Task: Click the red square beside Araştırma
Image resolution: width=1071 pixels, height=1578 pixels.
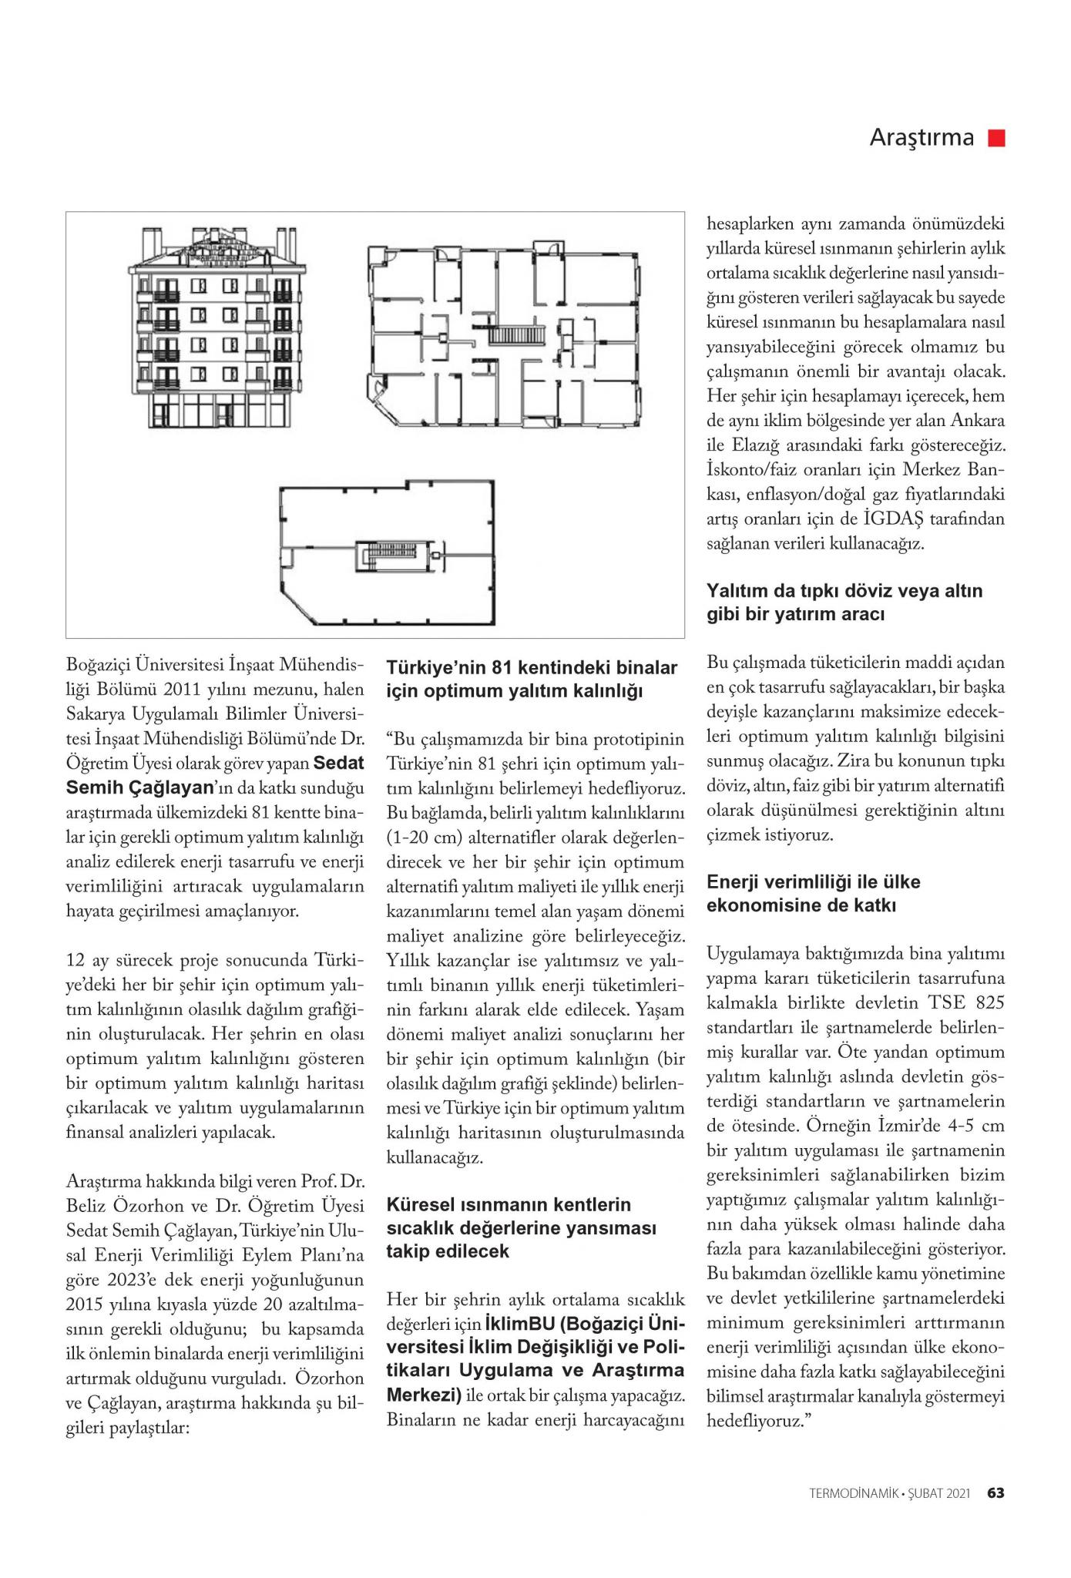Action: [x=998, y=138]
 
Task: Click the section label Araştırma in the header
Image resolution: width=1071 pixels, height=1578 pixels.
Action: [x=922, y=138]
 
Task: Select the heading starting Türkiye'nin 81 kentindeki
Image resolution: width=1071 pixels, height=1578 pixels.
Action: [x=532, y=679]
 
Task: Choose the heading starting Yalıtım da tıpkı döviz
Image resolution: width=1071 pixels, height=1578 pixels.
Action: [x=844, y=603]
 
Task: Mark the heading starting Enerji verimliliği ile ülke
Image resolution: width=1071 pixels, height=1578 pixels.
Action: [x=814, y=893]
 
